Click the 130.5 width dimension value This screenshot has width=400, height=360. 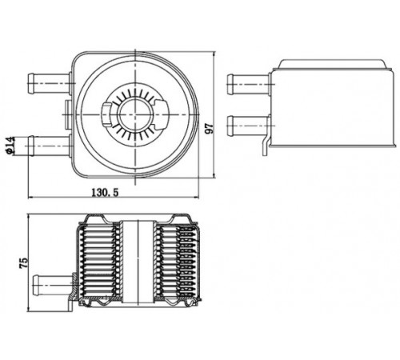coord(105,192)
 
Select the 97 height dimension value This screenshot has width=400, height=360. coord(210,129)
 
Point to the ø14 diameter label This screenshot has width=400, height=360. coord(10,145)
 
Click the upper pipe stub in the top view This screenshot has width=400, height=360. coord(49,83)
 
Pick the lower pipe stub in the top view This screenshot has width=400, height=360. coord(49,146)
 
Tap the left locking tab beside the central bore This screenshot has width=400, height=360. coord(106,114)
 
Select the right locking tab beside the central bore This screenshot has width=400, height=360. coord(162,114)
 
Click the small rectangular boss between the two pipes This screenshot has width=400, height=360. coord(68,114)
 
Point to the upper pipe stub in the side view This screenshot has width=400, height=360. coord(248,85)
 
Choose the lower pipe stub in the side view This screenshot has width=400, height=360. coord(248,126)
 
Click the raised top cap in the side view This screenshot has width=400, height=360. coord(332,64)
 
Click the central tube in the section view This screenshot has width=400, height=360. coord(138,262)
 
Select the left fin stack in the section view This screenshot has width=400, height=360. coord(99,262)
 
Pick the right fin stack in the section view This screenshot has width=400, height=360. coord(177,262)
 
